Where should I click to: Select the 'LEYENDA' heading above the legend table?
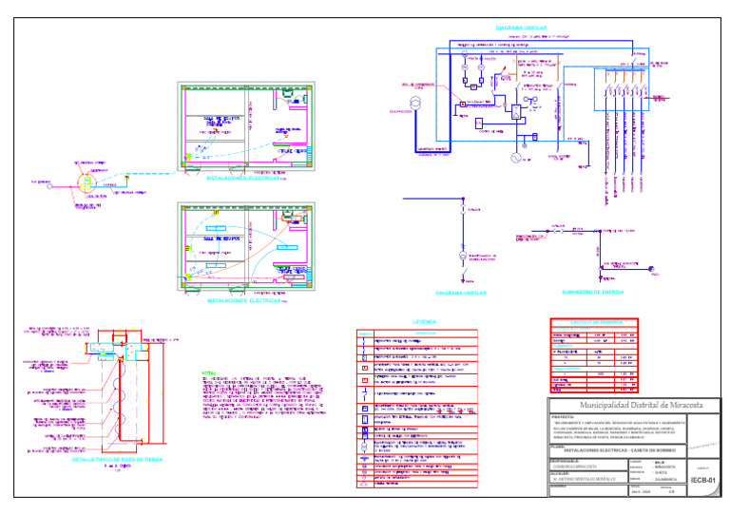[417, 321]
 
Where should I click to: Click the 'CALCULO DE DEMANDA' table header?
[594, 323]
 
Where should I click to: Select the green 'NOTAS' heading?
[209, 372]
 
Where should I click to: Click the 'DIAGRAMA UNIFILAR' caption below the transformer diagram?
[460, 294]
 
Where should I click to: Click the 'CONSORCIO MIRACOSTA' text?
[574, 467]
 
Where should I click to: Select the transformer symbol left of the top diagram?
[414, 103]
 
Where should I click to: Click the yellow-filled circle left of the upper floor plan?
[84, 181]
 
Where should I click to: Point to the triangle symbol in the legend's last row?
[365, 483]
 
